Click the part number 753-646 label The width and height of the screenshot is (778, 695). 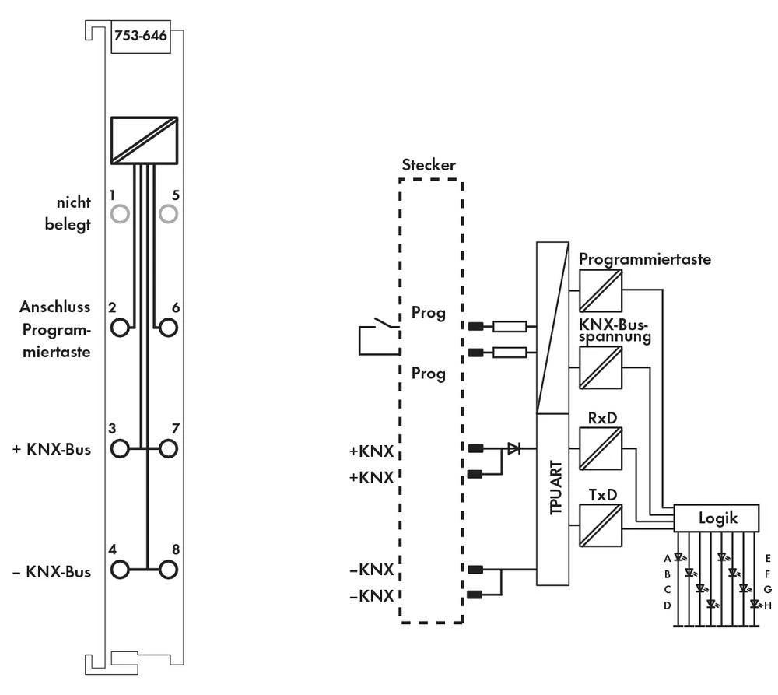point(139,35)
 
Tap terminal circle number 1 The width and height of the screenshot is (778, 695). point(120,213)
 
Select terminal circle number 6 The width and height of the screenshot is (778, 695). point(167,327)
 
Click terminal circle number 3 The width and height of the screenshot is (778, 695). point(120,448)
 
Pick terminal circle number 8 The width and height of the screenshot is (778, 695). point(167,569)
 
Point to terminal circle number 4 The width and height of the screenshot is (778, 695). point(120,569)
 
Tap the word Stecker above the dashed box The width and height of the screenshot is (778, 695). point(428,165)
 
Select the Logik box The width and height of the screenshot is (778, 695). point(716,517)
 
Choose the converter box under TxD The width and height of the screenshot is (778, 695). point(600,523)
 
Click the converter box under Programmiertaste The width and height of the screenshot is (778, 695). point(600,292)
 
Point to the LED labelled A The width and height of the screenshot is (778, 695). point(678,558)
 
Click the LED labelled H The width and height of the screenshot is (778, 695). point(754,604)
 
